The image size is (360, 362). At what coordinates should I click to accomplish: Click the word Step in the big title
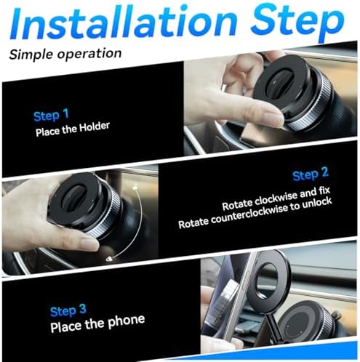[297, 23]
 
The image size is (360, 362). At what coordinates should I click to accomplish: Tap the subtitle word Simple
[31, 55]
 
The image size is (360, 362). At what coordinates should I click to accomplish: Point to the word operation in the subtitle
[89, 54]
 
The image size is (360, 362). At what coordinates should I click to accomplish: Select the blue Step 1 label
[51, 115]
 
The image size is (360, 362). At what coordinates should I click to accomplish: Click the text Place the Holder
[73, 129]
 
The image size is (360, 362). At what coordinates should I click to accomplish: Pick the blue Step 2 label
[311, 174]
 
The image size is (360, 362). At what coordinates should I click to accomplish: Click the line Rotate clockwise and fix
[276, 198]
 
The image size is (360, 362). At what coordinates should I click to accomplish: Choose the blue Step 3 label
[68, 310]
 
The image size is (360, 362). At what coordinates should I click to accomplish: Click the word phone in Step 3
[127, 321]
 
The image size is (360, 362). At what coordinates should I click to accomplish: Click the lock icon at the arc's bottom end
[109, 259]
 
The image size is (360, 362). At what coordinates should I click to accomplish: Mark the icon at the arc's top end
[135, 188]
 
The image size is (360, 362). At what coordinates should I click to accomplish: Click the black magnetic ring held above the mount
[268, 281]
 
